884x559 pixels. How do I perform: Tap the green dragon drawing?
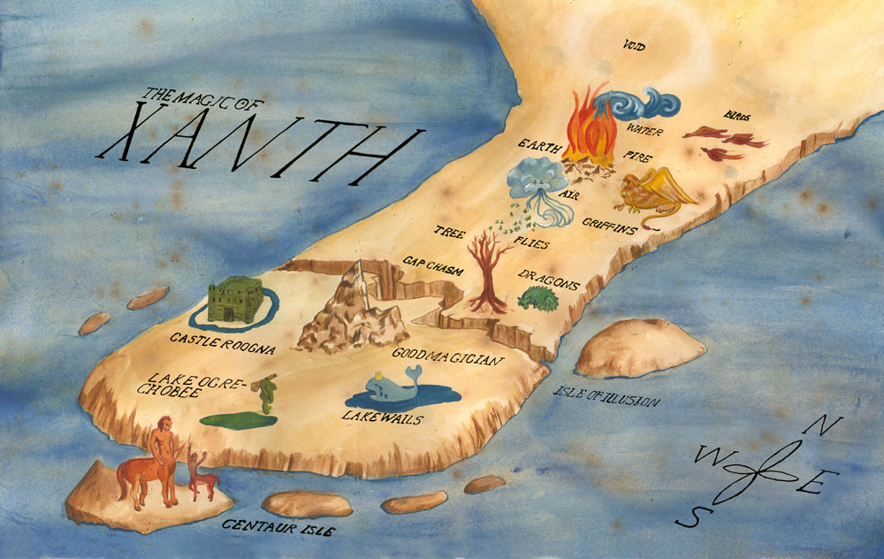[x=539, y=300]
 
